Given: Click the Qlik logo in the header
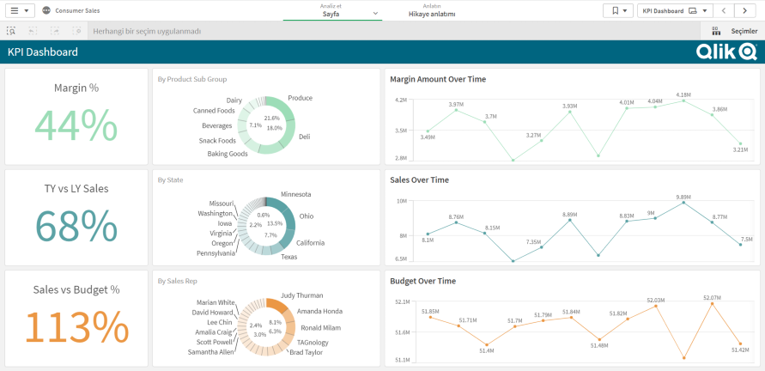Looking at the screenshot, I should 726,52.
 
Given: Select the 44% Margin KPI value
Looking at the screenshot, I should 76,125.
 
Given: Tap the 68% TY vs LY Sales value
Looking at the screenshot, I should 76,226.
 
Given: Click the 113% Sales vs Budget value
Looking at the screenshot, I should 76,326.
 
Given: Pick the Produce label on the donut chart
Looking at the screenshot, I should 300,98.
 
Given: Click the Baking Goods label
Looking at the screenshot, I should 228,154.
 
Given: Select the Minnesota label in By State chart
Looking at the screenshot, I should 296,194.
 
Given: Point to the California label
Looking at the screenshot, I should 310,242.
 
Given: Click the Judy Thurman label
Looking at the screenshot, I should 301,295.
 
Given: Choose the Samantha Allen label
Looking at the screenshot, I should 210,352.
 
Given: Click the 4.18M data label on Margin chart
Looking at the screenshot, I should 683,94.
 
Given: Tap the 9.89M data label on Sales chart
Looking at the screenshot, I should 683,197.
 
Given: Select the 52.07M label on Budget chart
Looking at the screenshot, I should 712,297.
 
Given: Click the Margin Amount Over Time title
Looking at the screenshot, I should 438,79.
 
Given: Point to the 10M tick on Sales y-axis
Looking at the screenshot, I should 401,201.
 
